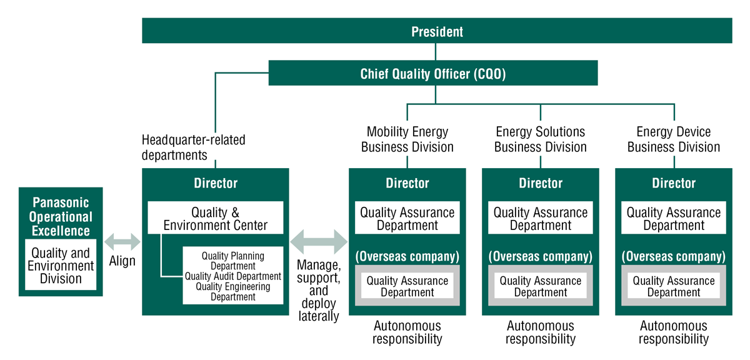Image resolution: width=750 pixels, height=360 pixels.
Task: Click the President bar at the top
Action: pos(437,31)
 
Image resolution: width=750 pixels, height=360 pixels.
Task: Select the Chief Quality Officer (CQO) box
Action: pos(433,73)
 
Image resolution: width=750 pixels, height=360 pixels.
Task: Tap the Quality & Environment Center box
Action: pos(215,219)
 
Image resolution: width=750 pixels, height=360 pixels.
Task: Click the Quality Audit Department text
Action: pos(233,276)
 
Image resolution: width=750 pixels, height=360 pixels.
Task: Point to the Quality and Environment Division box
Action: pos(61,266)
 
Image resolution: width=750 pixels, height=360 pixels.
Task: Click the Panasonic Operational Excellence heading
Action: pos(61,217)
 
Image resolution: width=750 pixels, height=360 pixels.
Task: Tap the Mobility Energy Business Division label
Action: pos(407,139)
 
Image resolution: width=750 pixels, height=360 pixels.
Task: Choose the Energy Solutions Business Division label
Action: pos(540,139)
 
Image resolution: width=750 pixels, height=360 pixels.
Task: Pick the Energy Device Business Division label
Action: pos(673,139)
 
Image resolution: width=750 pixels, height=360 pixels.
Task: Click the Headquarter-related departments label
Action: pos(193,147)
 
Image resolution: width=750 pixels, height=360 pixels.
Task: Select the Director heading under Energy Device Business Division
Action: pos(673,183)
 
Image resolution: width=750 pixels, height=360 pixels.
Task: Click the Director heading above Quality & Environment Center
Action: pos(215,183)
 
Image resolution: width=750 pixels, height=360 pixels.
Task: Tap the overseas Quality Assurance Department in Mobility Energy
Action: pos(407,286)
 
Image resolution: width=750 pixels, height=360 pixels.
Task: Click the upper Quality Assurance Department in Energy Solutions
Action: pos(540,219)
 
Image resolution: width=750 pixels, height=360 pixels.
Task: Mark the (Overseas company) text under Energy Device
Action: pos(673,256)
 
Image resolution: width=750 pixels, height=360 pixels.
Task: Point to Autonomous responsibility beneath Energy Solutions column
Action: pos(540,332)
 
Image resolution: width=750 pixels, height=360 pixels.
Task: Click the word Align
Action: pos(122,261)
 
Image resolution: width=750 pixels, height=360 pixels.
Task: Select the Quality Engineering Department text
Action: pos(233,292)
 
